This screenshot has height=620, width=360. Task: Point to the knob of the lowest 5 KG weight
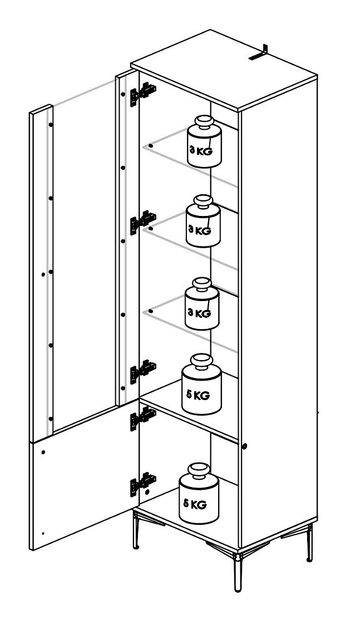(200, 470)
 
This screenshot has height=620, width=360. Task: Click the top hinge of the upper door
(143, 94)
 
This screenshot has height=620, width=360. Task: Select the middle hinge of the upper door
(143, 222)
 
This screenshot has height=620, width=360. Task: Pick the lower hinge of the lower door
(143, 484)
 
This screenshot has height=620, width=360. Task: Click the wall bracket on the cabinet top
(259, 53)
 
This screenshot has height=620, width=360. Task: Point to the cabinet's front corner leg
(238, 572)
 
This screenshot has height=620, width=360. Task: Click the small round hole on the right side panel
(245, 446)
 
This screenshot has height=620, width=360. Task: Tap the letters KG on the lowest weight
(200, 505)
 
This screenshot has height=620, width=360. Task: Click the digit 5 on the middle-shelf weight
(189, 394)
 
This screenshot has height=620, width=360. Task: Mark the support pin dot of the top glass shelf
(151, 146)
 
